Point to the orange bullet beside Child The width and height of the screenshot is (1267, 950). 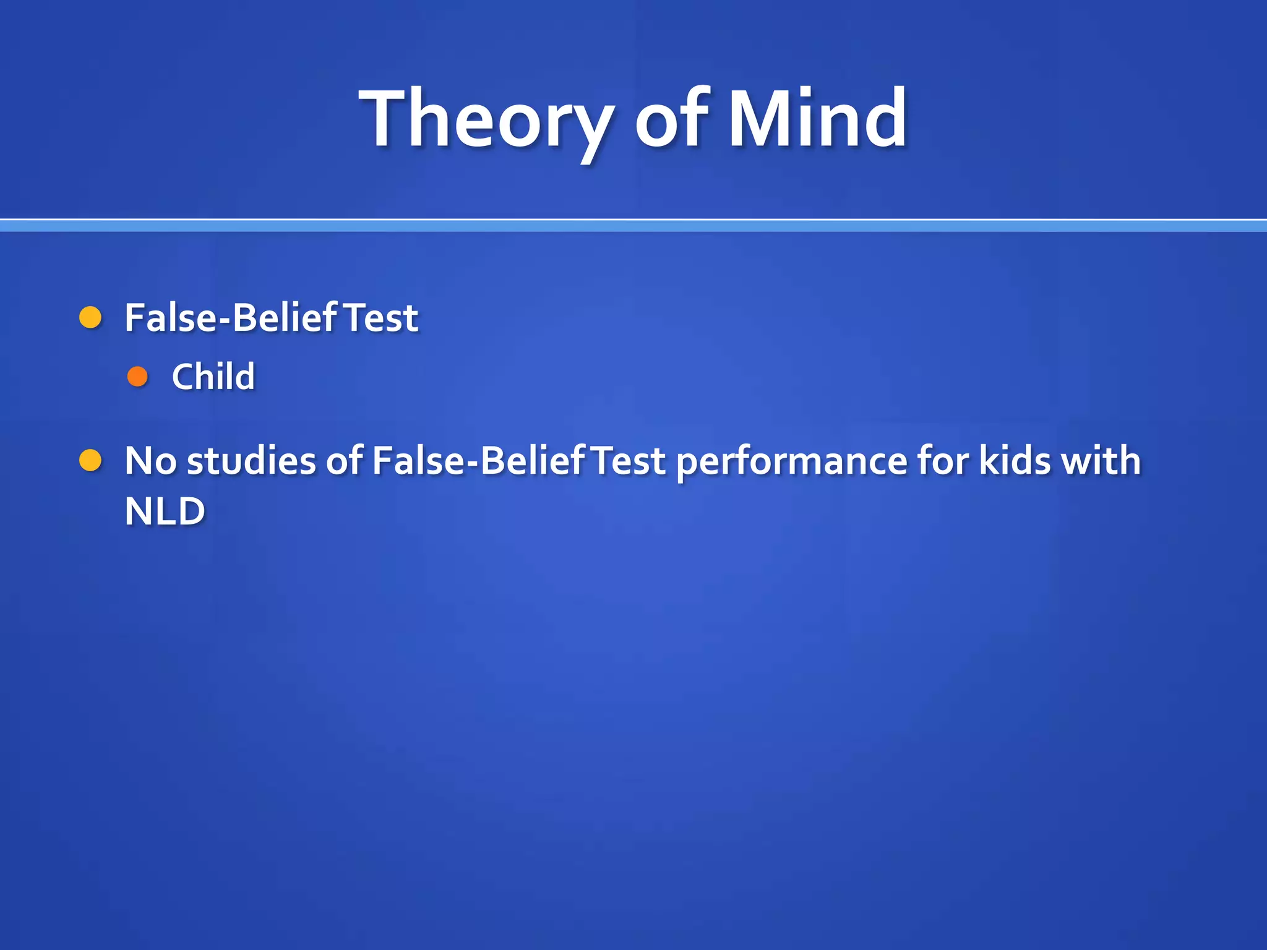point(137,376)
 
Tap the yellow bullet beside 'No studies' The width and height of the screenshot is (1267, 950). point(91,461)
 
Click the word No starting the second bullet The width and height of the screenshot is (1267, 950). point(150,461)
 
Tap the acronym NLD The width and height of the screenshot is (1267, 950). point(165,511)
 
